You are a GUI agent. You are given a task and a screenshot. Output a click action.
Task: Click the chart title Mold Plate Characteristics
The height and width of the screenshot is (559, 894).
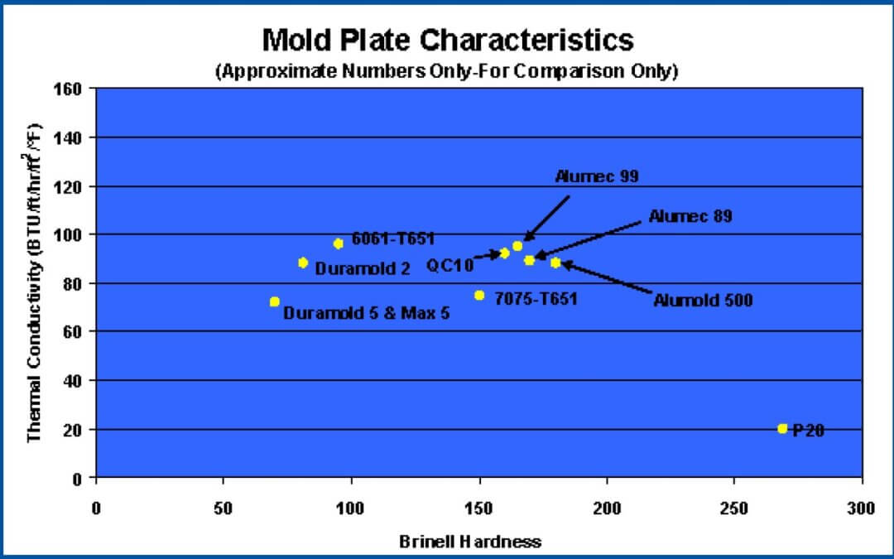click(x=447, y=40)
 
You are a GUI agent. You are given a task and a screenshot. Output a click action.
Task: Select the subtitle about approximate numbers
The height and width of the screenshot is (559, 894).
click(x=447, y=72)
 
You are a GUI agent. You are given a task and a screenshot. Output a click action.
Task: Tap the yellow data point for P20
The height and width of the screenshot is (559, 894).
click(x=782, y=428)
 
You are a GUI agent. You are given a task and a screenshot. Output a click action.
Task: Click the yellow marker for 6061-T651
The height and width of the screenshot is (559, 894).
click(x=338, y=243)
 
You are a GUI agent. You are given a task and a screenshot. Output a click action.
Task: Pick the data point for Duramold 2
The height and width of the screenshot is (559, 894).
click(x=303, y=263)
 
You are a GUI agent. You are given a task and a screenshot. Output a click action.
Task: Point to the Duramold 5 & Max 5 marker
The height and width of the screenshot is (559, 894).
click(x=275, y=301)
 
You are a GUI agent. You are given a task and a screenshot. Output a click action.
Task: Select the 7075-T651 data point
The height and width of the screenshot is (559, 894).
click(x=479, y=295)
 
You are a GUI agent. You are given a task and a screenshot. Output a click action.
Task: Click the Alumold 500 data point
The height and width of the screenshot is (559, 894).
click(x=555, y=263)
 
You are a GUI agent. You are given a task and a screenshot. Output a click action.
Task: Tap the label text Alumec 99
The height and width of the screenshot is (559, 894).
click(x=596, y=176)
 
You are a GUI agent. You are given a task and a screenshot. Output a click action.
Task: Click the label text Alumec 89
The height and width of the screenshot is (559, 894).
click(x=690, y=217)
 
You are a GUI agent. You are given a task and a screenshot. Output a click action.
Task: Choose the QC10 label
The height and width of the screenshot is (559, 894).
click(x=449, y=265)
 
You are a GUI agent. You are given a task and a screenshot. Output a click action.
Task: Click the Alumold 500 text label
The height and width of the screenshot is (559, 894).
click(x=703, y=301)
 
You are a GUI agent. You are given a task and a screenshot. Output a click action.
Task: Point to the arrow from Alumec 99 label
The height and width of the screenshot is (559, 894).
click(x=547, y=218)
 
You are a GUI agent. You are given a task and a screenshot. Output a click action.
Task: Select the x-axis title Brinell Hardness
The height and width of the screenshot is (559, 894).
click(x=470, y=542)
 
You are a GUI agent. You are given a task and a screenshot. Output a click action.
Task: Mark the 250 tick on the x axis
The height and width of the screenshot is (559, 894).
click(x=734, y=506)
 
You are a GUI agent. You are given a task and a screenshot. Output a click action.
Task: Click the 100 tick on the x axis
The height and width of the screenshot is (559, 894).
click(x=351, y=506)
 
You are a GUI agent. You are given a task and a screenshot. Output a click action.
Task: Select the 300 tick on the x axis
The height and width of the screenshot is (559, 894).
click(x=862, y=506)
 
